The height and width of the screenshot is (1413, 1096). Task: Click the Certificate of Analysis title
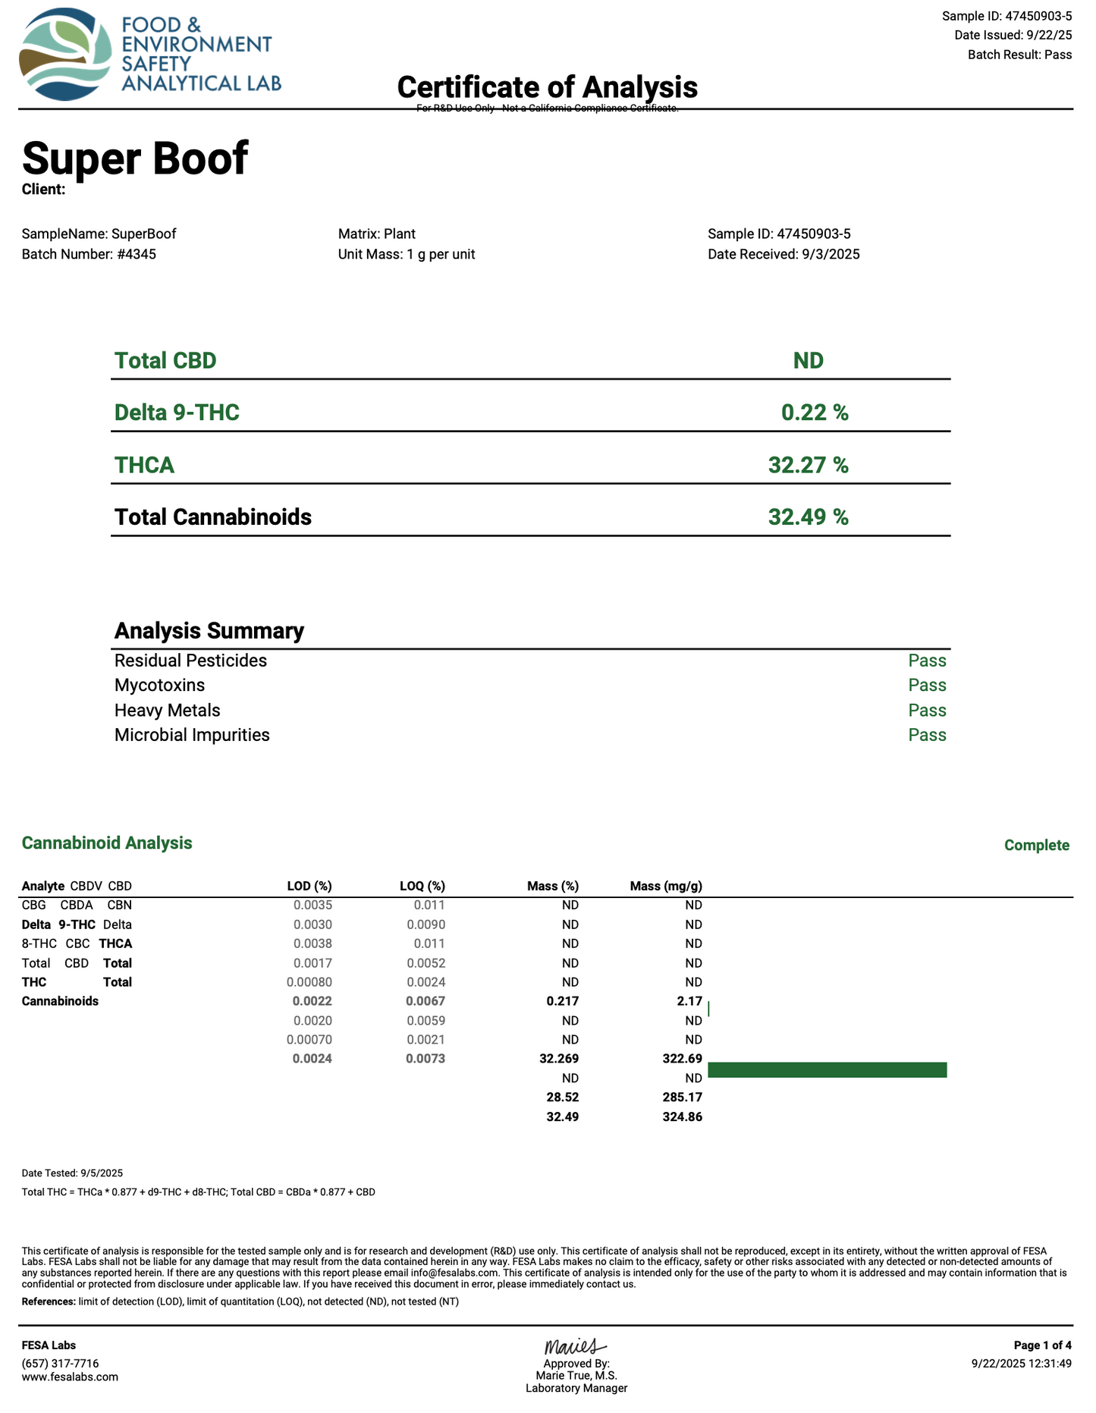547,87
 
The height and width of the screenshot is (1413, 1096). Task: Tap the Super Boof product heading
135,158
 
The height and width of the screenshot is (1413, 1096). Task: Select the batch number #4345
137,254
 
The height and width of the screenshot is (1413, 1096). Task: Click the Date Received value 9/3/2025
831,254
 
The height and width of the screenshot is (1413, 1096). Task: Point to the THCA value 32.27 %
808,464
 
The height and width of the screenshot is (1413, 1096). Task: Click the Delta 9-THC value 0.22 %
815,413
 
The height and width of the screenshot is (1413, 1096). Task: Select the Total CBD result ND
808,360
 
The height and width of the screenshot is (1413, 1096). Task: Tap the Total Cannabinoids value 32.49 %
808,517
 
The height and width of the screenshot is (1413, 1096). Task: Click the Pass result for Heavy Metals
927,711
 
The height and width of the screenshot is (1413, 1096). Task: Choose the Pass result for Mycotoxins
927,686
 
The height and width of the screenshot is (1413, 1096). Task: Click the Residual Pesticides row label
190,661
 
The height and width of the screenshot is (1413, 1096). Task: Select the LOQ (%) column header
422,886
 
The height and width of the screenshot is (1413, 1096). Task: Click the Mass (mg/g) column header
665,886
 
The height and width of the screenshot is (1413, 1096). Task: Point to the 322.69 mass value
682,1058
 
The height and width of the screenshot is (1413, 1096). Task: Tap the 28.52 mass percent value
562,1097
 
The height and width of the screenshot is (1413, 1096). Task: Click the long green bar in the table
827,1069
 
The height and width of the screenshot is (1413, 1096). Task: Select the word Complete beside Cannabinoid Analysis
1036,845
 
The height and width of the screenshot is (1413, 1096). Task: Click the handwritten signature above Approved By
574,1347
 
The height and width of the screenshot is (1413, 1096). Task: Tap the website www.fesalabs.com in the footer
70,1377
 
